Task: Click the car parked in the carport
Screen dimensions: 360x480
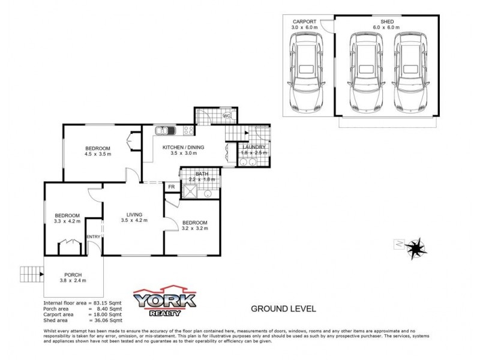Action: coord(305,71)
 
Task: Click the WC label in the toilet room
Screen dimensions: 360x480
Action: coord(227,116)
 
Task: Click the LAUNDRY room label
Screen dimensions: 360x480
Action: coord(254,148)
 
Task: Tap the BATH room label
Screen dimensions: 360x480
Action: coord(193,174)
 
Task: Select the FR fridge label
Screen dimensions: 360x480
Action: coord(172,187)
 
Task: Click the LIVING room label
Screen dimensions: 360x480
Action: coord(134,213)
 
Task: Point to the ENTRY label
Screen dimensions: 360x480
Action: coord(94,236)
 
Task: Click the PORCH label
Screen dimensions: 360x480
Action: coord(72,274)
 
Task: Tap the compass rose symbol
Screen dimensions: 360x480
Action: coord(413,246)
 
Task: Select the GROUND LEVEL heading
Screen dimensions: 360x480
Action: coord(283,310)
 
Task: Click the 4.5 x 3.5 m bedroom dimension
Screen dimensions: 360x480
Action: coord(97,154)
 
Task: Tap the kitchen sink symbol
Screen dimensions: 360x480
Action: coord(164,130)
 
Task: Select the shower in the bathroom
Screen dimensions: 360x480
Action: coord(190,193)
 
